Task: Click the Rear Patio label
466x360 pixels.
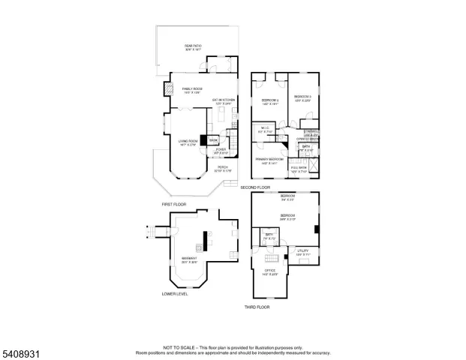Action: [193, 47]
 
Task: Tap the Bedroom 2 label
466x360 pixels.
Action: [269, 101]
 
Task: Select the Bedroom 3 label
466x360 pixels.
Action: [302, 98]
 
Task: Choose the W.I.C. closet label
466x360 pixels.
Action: [265, 130]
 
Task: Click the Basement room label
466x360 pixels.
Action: [189, 260]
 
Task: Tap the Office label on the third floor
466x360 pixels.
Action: [269, 271]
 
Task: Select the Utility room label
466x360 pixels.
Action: [302, 252]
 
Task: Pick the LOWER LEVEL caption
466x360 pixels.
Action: [175, 294]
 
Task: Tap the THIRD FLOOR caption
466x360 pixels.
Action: [257, 307]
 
